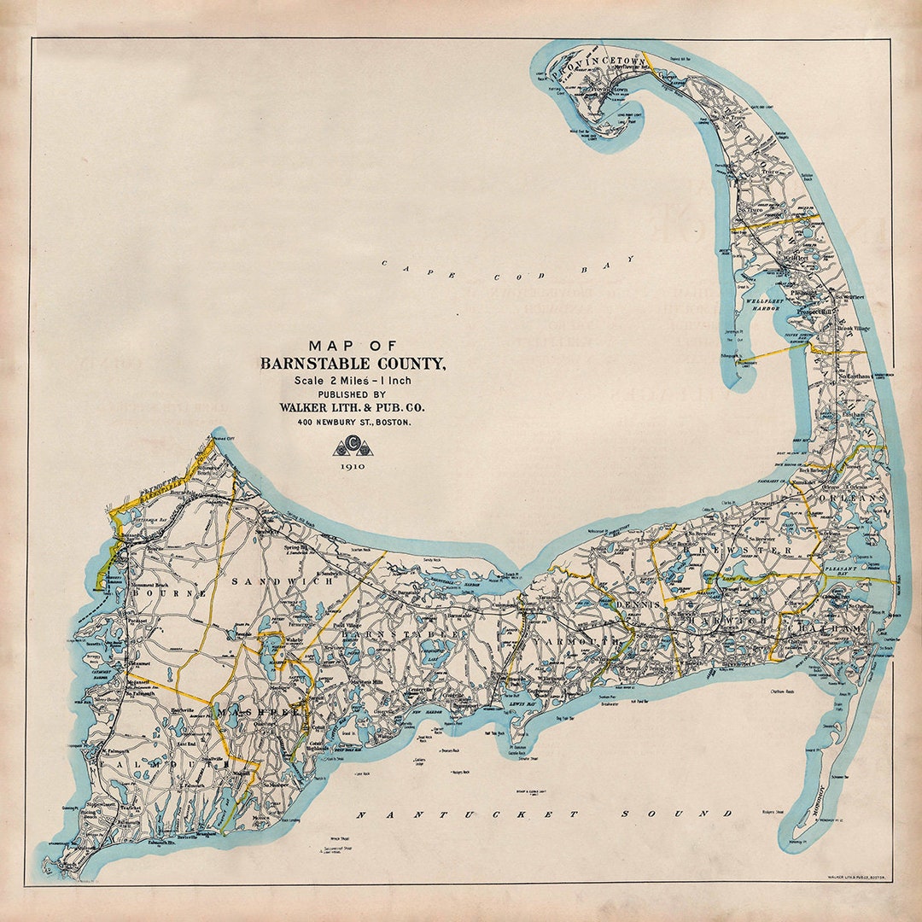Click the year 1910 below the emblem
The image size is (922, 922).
click(352, 467)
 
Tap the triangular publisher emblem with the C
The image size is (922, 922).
click(352, 446)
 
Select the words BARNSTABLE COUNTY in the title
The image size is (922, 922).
click(353, 365)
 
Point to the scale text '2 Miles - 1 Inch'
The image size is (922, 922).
click(353, 380)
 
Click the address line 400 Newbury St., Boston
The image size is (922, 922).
click(353, 422)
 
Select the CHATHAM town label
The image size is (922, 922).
click(828, 629)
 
